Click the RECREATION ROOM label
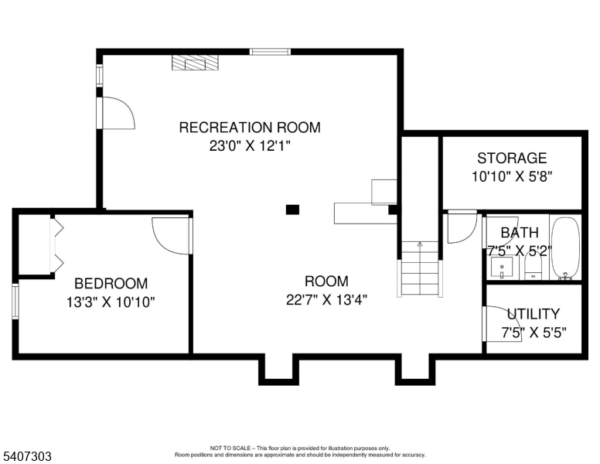250,127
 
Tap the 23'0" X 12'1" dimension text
250,146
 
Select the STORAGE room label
512,158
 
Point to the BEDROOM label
111,284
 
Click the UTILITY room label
534,314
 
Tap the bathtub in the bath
565,247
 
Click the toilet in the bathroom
534,267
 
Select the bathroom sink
502,267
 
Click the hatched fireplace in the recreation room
195,63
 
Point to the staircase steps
420,268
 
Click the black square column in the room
293,210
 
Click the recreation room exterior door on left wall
114,113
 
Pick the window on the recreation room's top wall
270,52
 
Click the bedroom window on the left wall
15,302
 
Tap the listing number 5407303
27,456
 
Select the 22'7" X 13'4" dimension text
326,300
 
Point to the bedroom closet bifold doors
57,244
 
